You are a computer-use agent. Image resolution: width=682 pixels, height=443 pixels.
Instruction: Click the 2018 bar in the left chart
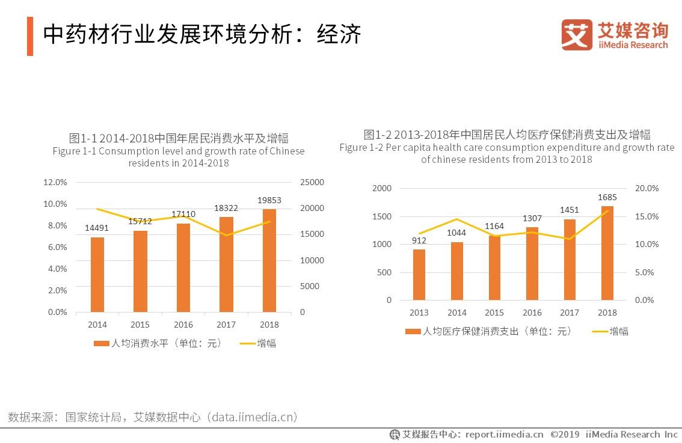[x=269, y=260]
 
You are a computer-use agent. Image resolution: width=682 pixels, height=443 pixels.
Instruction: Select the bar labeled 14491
[x=97, y=275]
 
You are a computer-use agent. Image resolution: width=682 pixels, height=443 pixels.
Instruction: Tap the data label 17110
[x=183, y=214]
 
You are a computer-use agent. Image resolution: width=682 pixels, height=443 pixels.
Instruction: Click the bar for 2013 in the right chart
[x=419, y=275]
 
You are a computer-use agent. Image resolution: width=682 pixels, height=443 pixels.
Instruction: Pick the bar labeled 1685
[x=607, y=253]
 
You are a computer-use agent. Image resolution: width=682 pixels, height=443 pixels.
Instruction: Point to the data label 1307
[x=532, y=218]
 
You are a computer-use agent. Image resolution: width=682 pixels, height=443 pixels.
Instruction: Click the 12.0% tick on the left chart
[x=55, y=182]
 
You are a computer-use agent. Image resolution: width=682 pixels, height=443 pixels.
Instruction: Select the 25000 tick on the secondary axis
[x=312, y=182]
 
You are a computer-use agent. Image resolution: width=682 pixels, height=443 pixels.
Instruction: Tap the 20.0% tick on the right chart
[x=647, y=188]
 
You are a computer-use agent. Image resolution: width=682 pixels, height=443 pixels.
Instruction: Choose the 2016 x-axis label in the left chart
[x=183, y=325]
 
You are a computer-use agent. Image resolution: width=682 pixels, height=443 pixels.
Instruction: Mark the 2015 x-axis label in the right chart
[x=494, y=313]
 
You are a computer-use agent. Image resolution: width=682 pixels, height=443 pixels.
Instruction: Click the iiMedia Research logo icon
[x=577, y=34]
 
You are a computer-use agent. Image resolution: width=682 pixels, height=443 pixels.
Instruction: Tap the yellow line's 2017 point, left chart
[x=226, y=235]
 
